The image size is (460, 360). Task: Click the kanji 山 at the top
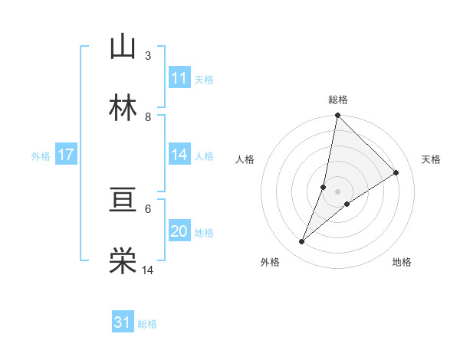point(123,47)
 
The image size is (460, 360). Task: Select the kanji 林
point(123,108)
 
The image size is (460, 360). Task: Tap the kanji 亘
point(123,201)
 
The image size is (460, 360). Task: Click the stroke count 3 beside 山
point(148,56)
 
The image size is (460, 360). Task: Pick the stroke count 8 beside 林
point(148,116)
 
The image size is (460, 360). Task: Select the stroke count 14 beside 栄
point(148,270)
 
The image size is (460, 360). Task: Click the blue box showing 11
point(179,79)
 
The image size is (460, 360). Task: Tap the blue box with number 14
point(179,155)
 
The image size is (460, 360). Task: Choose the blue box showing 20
point(179,232)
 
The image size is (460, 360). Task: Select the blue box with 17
point(66,155)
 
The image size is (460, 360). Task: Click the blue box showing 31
point(123,323)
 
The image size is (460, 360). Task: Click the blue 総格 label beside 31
point(148,324)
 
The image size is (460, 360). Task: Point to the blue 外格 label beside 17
point(41,156)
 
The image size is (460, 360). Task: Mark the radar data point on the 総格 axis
point(337,116)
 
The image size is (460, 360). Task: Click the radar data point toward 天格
point(396,172)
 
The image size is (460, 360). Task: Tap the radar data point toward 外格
point(302,242)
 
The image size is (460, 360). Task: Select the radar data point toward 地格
point(347,203)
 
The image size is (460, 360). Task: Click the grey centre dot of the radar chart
point(337,191)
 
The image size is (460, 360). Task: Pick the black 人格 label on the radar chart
point(245,159)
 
